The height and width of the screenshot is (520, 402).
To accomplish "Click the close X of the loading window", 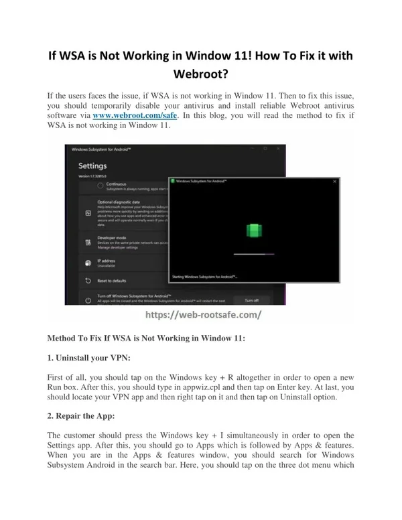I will click(x=334, y=180).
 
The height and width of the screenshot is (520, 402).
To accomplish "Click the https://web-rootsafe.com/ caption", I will click(x=200, y=314).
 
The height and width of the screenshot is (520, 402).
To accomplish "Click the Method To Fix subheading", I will click(x=145, y=338).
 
